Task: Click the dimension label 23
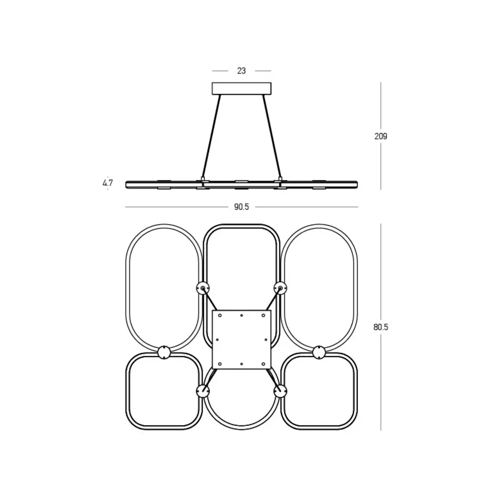[241, 71]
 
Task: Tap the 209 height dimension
[381, 136]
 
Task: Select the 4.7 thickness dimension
[108, 183]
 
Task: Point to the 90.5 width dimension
[241, 207]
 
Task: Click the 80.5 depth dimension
[381, 327]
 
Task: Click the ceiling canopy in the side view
[241, 89]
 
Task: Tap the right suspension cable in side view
[272, 136]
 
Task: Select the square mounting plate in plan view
[242, 339]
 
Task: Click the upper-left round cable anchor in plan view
[203, 288]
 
